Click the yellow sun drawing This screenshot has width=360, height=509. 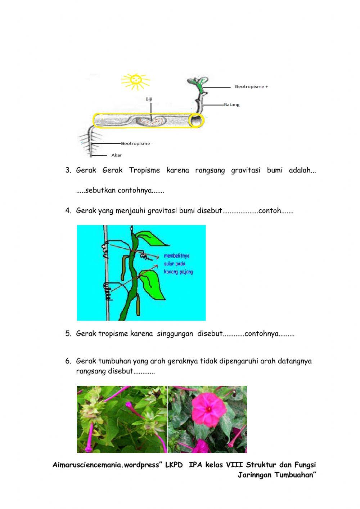point(135,81)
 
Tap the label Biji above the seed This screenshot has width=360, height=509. point(149,99)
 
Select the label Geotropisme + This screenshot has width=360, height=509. point(251,87)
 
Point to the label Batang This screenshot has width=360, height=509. point(231,105)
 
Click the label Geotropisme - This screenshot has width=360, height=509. point(136,143)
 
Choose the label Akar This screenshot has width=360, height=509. point(116,155)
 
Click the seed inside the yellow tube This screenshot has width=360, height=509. point(151,121)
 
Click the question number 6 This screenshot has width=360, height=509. point(68,361)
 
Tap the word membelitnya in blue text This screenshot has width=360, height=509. point(176,256)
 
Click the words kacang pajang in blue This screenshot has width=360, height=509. point(178,272)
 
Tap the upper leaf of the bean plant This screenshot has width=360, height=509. point(149,238)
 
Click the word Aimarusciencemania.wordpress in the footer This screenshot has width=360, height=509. point(105,465)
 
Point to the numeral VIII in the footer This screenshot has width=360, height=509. point(234,465)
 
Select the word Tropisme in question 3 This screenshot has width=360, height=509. point(144,170)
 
